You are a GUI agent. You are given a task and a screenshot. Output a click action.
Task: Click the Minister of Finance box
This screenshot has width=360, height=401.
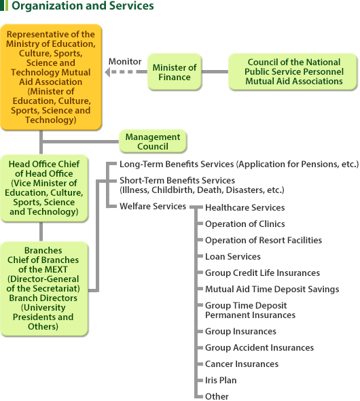[x=175, y=72]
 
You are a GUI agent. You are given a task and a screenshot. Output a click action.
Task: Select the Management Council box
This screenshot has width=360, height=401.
[x=153, y=141]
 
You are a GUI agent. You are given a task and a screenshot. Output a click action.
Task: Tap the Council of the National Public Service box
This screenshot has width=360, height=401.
[x=293, y=72]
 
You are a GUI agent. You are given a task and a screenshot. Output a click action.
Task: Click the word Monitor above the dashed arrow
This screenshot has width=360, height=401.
[x=125, y=61]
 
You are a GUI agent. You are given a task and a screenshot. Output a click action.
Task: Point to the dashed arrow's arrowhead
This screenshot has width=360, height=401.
[x=107, y=72]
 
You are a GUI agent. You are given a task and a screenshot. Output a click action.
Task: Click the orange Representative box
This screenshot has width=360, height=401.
[x=51, y=77]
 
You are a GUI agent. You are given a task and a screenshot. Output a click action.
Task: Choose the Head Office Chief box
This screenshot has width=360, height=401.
[x=44, y=188]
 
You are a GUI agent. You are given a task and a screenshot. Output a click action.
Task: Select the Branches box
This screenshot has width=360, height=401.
[x=44, y=288]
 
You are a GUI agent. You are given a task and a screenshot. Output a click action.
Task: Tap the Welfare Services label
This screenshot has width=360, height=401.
[x=153, y=206]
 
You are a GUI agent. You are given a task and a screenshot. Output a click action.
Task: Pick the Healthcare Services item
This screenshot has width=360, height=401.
[x=245, y=208]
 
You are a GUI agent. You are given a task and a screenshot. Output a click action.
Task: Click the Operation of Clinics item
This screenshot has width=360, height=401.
[x=245, y=224]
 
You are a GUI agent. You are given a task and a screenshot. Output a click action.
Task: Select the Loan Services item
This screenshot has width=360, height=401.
[x=233, y=256]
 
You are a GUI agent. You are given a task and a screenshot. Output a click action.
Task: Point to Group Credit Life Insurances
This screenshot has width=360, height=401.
[x=262, y=273]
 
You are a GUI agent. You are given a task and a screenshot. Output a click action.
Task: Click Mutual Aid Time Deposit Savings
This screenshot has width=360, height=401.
[x=272, y=290]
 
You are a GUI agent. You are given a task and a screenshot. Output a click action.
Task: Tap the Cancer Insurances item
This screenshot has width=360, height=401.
[x=242, y=364]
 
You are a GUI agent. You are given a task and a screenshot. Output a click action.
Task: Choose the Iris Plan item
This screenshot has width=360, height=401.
[x=221, y=381]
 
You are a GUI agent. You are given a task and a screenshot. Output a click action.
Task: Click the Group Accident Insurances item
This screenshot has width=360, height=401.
[x=259, y=347]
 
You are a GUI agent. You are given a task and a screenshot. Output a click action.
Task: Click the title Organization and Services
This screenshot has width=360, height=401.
[x=83, y=5]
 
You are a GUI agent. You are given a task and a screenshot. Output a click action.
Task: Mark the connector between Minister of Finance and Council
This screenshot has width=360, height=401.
[x=215, y=72]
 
